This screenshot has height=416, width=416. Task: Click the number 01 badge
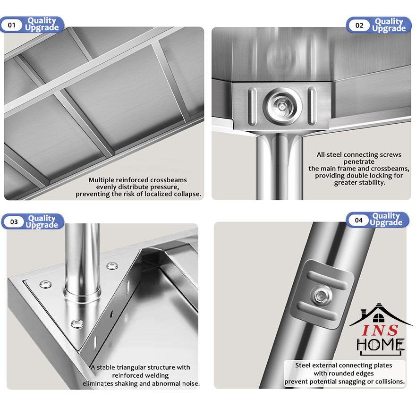point(12,25)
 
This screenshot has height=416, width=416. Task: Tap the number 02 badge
point(359,25)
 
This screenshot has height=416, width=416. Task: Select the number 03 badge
point(14,222)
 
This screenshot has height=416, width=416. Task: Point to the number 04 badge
point(359,220)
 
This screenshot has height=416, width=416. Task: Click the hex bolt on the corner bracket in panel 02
point(282,107)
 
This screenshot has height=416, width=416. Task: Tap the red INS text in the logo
point(380,331)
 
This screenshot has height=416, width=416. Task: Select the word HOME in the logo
point(380,344)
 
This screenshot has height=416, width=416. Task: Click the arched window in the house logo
point(378,318)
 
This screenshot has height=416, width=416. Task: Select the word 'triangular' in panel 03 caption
point(131,367)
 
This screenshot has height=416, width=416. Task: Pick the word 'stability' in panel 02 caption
point(373,183)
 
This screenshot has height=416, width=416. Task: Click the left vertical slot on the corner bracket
point(252,106)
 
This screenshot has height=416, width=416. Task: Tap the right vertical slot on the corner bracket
point(312,106)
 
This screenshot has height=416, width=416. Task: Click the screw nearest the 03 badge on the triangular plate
point(45,284)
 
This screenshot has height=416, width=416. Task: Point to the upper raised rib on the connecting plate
point(327,280)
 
